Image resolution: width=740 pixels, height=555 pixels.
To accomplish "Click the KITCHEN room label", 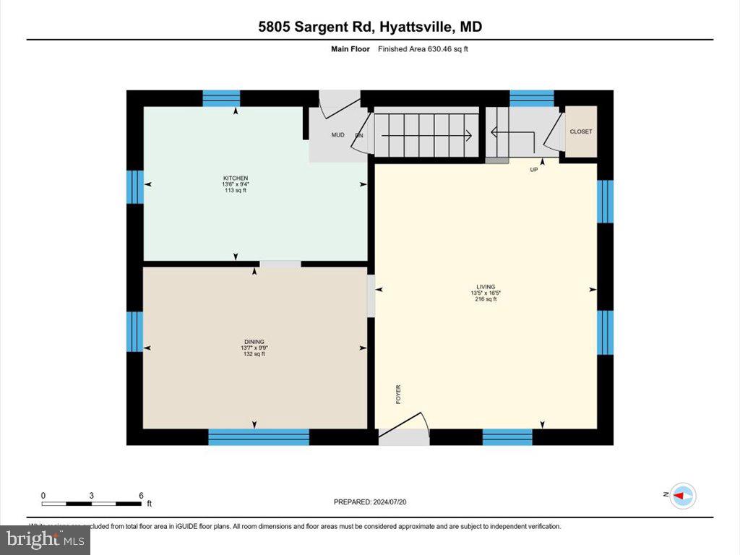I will coord(236,178).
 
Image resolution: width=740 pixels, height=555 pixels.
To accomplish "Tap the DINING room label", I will coord(254,341).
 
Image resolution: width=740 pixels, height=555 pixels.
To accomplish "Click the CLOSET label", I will coord(580,132).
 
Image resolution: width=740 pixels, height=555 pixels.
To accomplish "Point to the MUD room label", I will coord(337,135).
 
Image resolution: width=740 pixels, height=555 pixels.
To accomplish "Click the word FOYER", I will coord(398,394).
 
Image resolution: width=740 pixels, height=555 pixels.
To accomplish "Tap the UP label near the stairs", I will coord(534,170).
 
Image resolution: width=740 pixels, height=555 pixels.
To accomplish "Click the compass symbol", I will coord(684,496).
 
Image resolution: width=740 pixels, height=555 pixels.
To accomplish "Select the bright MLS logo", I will coord(45,539).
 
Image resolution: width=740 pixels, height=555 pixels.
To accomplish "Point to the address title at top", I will coord(370,27).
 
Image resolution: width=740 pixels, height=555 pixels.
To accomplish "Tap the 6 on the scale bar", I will coord(141,495).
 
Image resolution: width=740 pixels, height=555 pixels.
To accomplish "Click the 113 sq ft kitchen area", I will coord(236,190).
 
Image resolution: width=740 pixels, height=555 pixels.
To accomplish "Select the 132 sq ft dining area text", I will coord(254,353).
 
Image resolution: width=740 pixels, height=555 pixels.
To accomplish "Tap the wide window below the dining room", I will coord(259,436).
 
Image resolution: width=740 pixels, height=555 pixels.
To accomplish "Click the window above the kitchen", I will coord(221,98).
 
